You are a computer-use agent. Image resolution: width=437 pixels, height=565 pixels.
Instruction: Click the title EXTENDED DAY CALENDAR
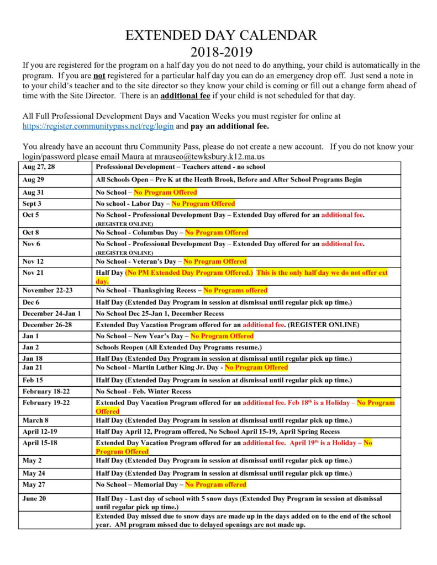point(221,36)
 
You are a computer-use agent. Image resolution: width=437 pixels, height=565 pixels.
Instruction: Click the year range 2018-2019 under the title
point(221,52)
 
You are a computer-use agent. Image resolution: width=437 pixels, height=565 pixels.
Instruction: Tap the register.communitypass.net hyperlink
point(98,126)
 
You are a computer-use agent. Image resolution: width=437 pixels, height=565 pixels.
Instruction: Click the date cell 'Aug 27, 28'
point(39,167)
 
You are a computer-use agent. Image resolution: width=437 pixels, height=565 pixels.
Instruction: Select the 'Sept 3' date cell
point(32,204)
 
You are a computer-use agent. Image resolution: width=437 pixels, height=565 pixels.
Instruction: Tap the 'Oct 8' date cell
point(31,233)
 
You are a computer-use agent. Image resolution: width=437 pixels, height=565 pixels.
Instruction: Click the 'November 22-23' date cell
point(48,290)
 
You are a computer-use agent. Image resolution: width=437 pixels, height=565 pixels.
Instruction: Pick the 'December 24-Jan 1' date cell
point(52,313)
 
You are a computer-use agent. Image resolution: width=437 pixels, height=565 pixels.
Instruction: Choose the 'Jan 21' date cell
point(32,367)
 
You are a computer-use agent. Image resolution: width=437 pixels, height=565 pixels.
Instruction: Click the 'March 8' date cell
point(35,420)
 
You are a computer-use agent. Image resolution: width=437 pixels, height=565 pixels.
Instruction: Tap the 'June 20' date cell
point(34,498)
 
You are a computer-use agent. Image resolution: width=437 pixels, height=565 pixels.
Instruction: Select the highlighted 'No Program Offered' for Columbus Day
point(217,233)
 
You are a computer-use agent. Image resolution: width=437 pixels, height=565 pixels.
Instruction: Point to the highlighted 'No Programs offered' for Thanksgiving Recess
point(235,290)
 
